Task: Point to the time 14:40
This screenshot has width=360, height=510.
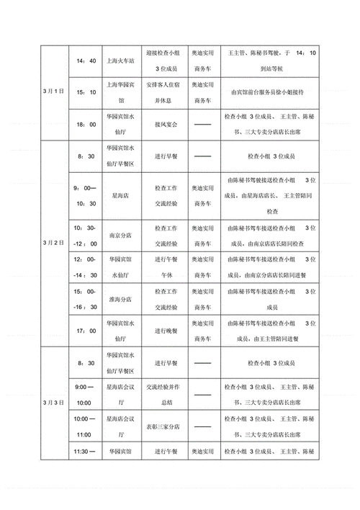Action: [86, 61]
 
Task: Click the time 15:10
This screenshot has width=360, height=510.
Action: [86, 92]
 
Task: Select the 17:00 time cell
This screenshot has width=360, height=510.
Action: [86, 330]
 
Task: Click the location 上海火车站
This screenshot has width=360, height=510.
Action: [121, 61]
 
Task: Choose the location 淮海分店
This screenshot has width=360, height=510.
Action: [121, 299]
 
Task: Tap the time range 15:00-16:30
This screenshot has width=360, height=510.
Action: [86, 299]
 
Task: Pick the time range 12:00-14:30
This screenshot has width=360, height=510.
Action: [86, 266]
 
